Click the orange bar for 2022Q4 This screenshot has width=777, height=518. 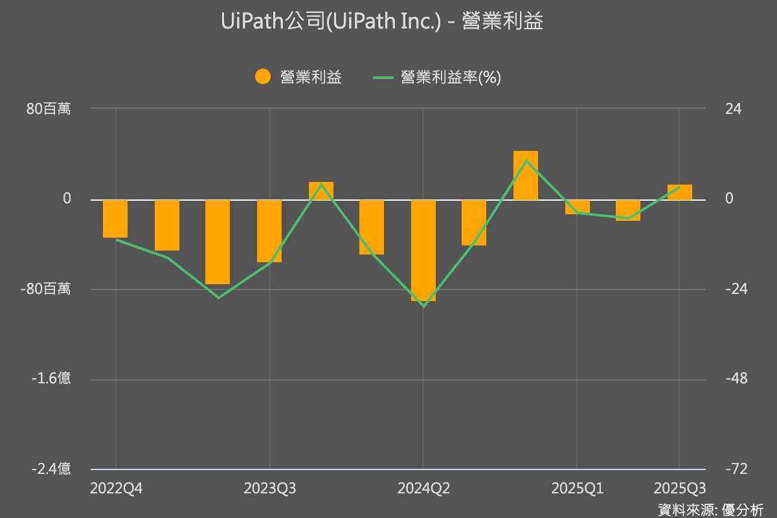point(115,219)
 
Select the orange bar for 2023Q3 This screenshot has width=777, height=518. point(269,231)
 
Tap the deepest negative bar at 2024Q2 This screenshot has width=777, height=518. point(423,250)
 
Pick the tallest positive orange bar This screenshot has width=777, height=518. point(525,175)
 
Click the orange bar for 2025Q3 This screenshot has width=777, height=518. point(679,192)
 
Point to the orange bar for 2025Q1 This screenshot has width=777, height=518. point(577,207)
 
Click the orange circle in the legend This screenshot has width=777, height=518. point(262,77)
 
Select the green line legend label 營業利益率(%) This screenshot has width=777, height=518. point(451,77)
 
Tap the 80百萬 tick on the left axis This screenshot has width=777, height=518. point(49,109)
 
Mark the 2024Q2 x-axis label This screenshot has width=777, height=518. point(423,488)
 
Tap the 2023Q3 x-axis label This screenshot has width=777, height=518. point(270,488)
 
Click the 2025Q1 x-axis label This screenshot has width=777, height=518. point(577,488)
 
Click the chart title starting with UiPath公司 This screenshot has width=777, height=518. point(382,21)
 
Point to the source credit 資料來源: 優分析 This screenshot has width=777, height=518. point(710,509)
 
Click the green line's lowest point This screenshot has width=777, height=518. point(423,306)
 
